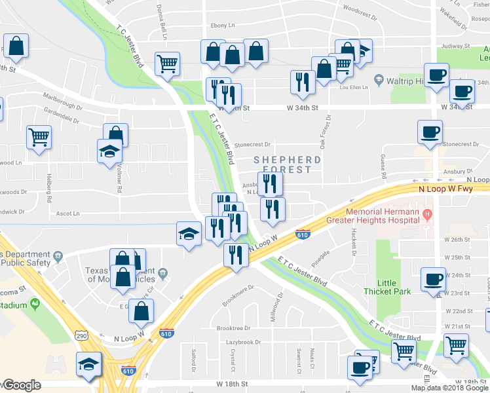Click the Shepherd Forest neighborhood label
(x=287, y=164)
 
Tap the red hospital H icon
(x=428, y=214)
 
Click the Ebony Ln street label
(x=222, y=26)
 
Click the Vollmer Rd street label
(x=119, y=179)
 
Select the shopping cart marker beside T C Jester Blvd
(x=167, y=64)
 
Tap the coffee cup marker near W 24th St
(x=433, y=280)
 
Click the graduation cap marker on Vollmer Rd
(x=109, y=151)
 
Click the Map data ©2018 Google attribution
(x=451, y=388)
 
